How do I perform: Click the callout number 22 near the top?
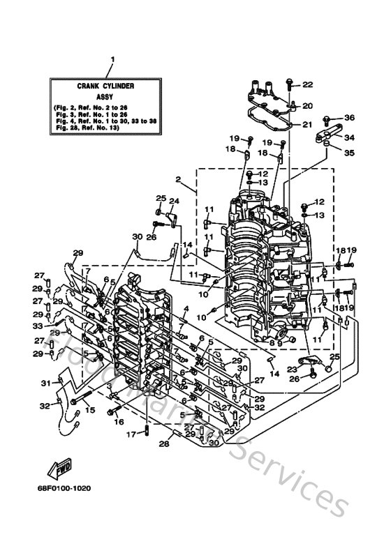[308, 84]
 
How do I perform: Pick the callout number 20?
[308, 106]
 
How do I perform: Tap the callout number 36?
[350, 117]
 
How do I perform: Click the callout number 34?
[350, 137]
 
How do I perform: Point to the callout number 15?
[90, 410]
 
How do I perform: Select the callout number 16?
[119, 423]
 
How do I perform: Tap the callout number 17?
[131, 435]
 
